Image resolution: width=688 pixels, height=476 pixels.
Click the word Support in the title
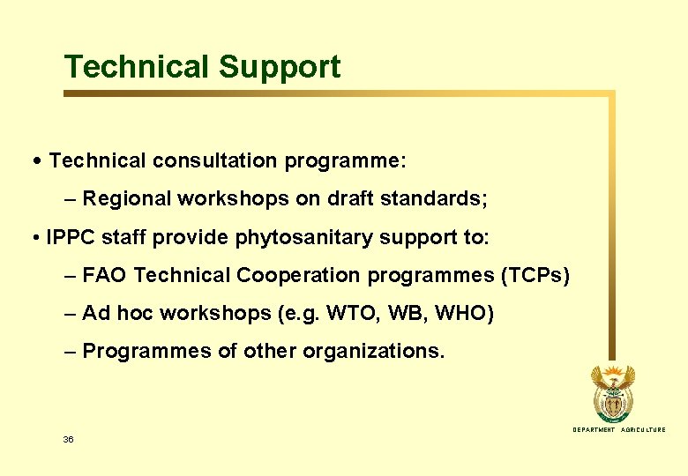[280, 68]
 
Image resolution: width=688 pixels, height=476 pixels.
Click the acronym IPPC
[70, 238]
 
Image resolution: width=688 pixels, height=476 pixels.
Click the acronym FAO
[105, 276]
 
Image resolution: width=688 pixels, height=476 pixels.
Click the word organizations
[374, 352]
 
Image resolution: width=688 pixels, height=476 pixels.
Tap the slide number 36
[68, 439]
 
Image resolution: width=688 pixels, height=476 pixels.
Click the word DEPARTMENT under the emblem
[594, 430]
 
